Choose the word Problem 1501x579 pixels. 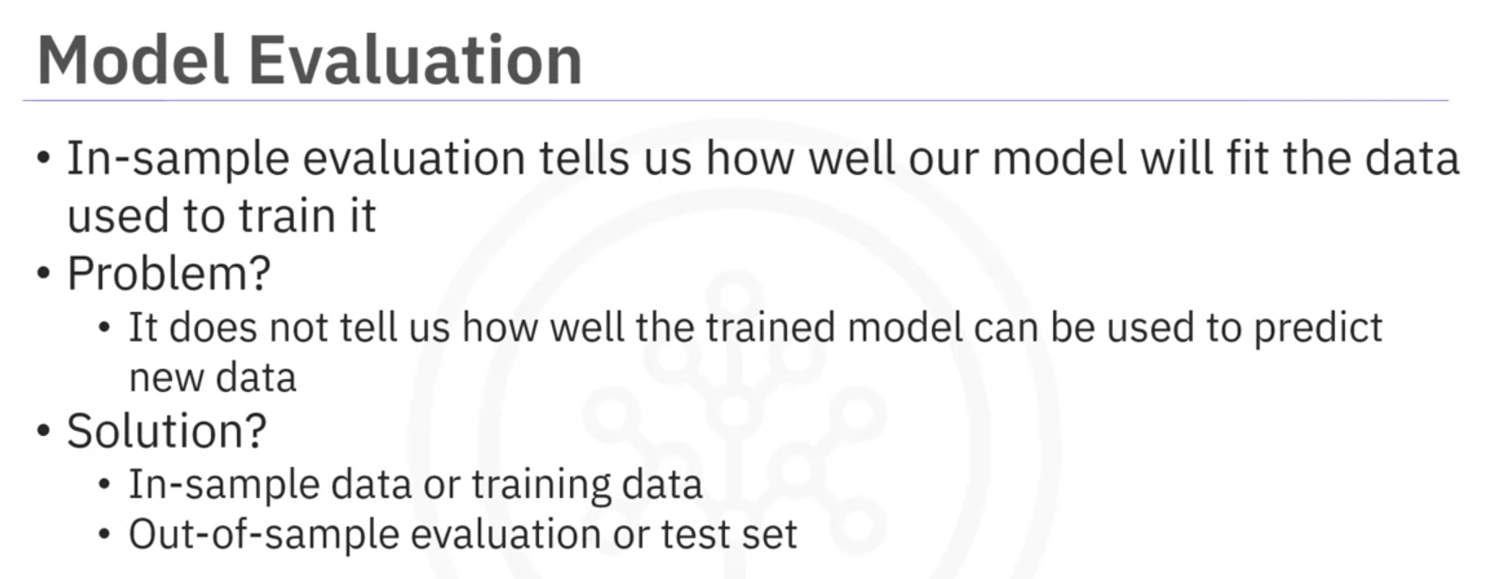tap(158, 273)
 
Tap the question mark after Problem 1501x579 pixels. tap(260, 273)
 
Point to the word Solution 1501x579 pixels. tap(156, 431)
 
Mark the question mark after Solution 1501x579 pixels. tap(257, 431)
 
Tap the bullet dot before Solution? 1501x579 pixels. tap(44, 432)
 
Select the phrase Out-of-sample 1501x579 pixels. tap(264, 535)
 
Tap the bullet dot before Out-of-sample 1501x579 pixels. tap(105, 535)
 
